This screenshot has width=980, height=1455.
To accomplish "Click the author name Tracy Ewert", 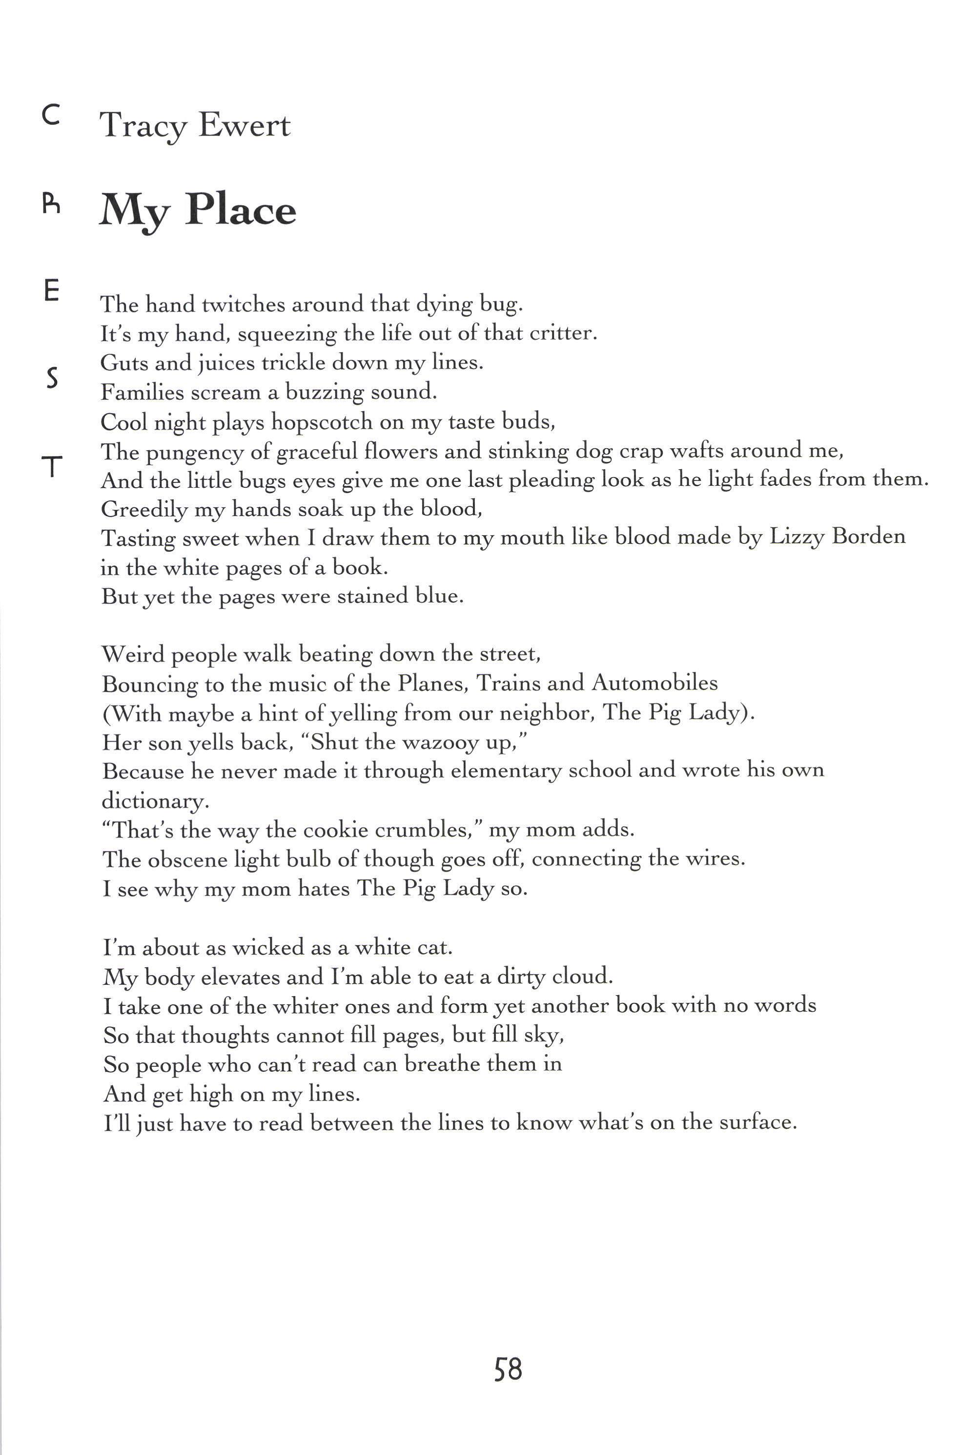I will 195,125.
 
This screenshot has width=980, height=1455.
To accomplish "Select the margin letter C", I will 51,115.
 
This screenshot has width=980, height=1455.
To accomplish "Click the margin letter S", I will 53,378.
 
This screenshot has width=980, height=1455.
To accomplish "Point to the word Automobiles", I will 654,683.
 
